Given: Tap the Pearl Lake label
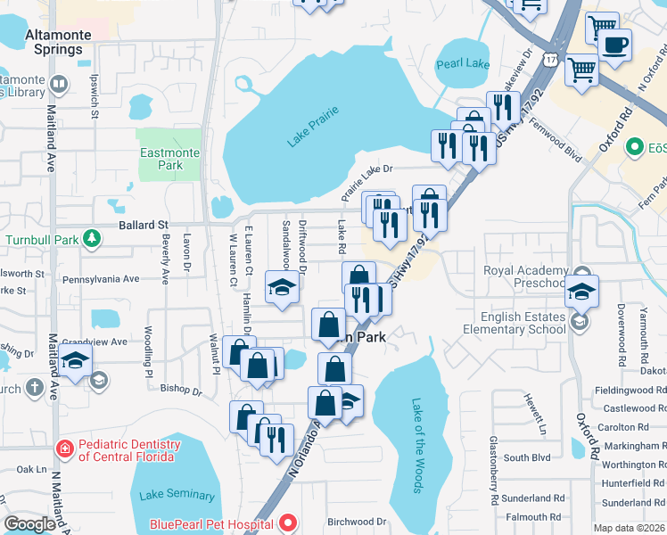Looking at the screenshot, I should [x=464, y=64].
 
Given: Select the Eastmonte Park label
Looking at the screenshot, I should [x=169, y=159].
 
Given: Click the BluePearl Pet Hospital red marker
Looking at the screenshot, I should [x=288, y=523].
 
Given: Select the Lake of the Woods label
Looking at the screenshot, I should [x=416, y=445].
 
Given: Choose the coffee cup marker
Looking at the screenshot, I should [x=614, y=45].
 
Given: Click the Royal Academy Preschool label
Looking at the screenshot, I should [x=525, y=276].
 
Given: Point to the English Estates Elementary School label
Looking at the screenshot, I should [x=522, y=323].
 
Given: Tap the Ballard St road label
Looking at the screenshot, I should [x=144, y=226].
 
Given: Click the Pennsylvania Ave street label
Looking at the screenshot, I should [x=102, y=279].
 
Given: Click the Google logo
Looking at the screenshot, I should [x=29, y=524].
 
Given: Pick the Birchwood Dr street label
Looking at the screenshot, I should [x=356, y=522].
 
